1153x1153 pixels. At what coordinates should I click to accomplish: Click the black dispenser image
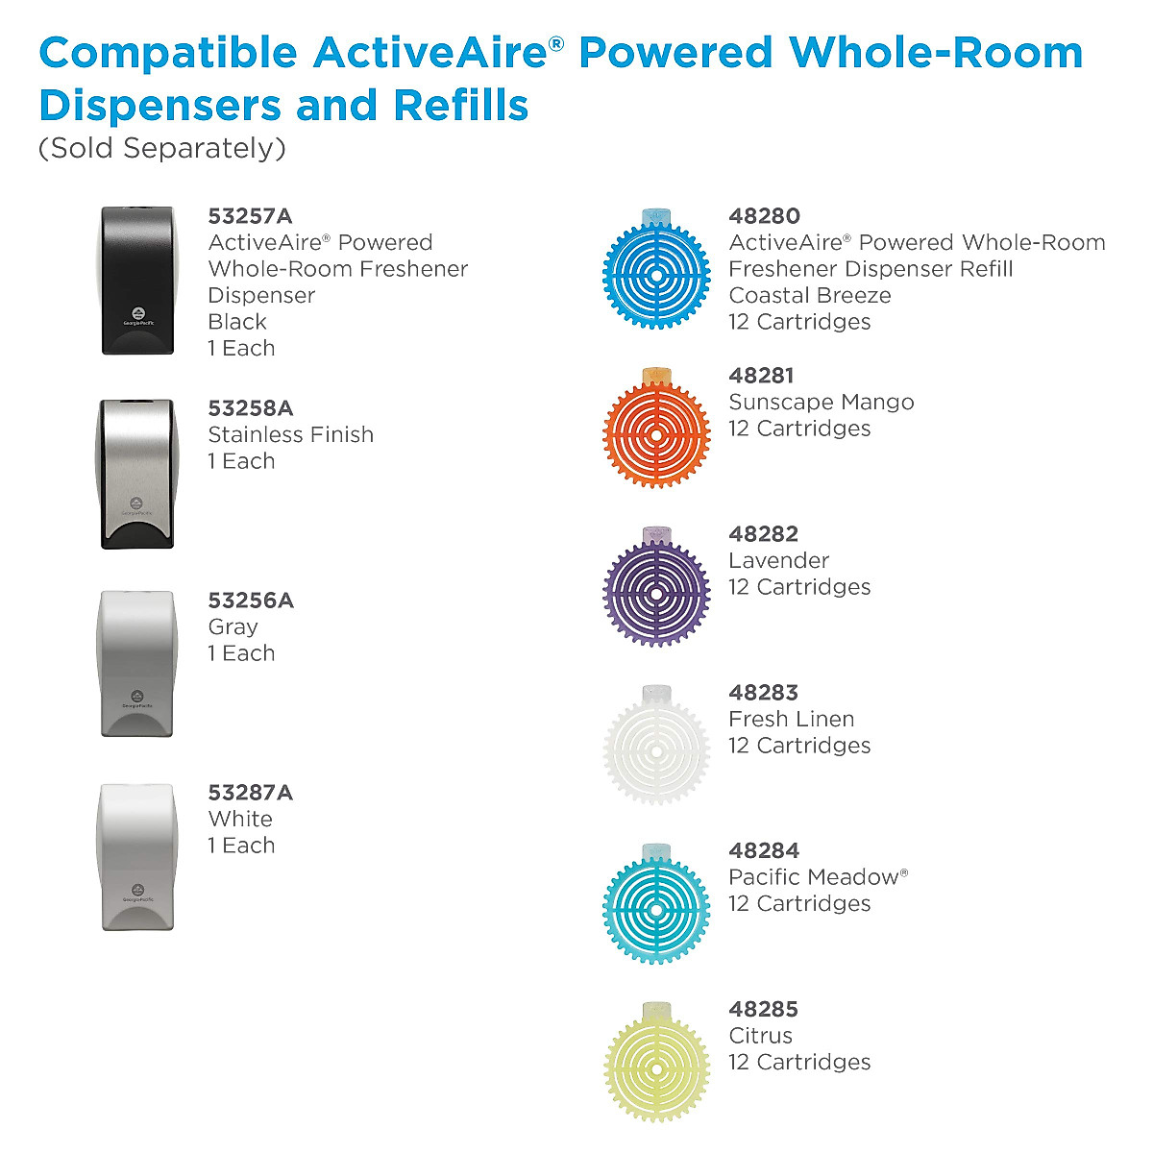(x=137, y=281)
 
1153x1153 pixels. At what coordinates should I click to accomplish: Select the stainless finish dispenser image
(x=137, y=474)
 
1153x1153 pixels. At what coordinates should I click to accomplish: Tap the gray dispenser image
(x=137, y=664)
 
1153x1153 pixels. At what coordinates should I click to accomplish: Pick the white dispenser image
(x=137, y=857)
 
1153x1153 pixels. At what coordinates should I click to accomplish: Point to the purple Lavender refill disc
(x=656, y=590)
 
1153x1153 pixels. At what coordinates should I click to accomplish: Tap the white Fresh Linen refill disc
(x=656, y=748)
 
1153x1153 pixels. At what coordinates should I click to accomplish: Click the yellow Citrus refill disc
(x=656, y=1066)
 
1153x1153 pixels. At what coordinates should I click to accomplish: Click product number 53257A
(x=250, y=216)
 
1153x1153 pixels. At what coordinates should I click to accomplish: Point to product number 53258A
(x=250, y=408)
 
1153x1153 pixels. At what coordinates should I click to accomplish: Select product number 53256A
(x=250, y=601)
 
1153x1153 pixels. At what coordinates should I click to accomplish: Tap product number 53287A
(x=250, y=793)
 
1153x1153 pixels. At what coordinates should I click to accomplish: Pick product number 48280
(x=764, y=216)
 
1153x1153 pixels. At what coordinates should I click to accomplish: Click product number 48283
(x=764, y=692)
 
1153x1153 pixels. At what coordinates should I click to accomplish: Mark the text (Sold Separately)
(x=162, y=149)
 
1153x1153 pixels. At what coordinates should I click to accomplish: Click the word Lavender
(x=778, y=560)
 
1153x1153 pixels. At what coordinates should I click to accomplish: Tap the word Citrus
(x=760, y=1036)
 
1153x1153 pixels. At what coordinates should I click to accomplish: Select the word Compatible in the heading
(x=167, y=53)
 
